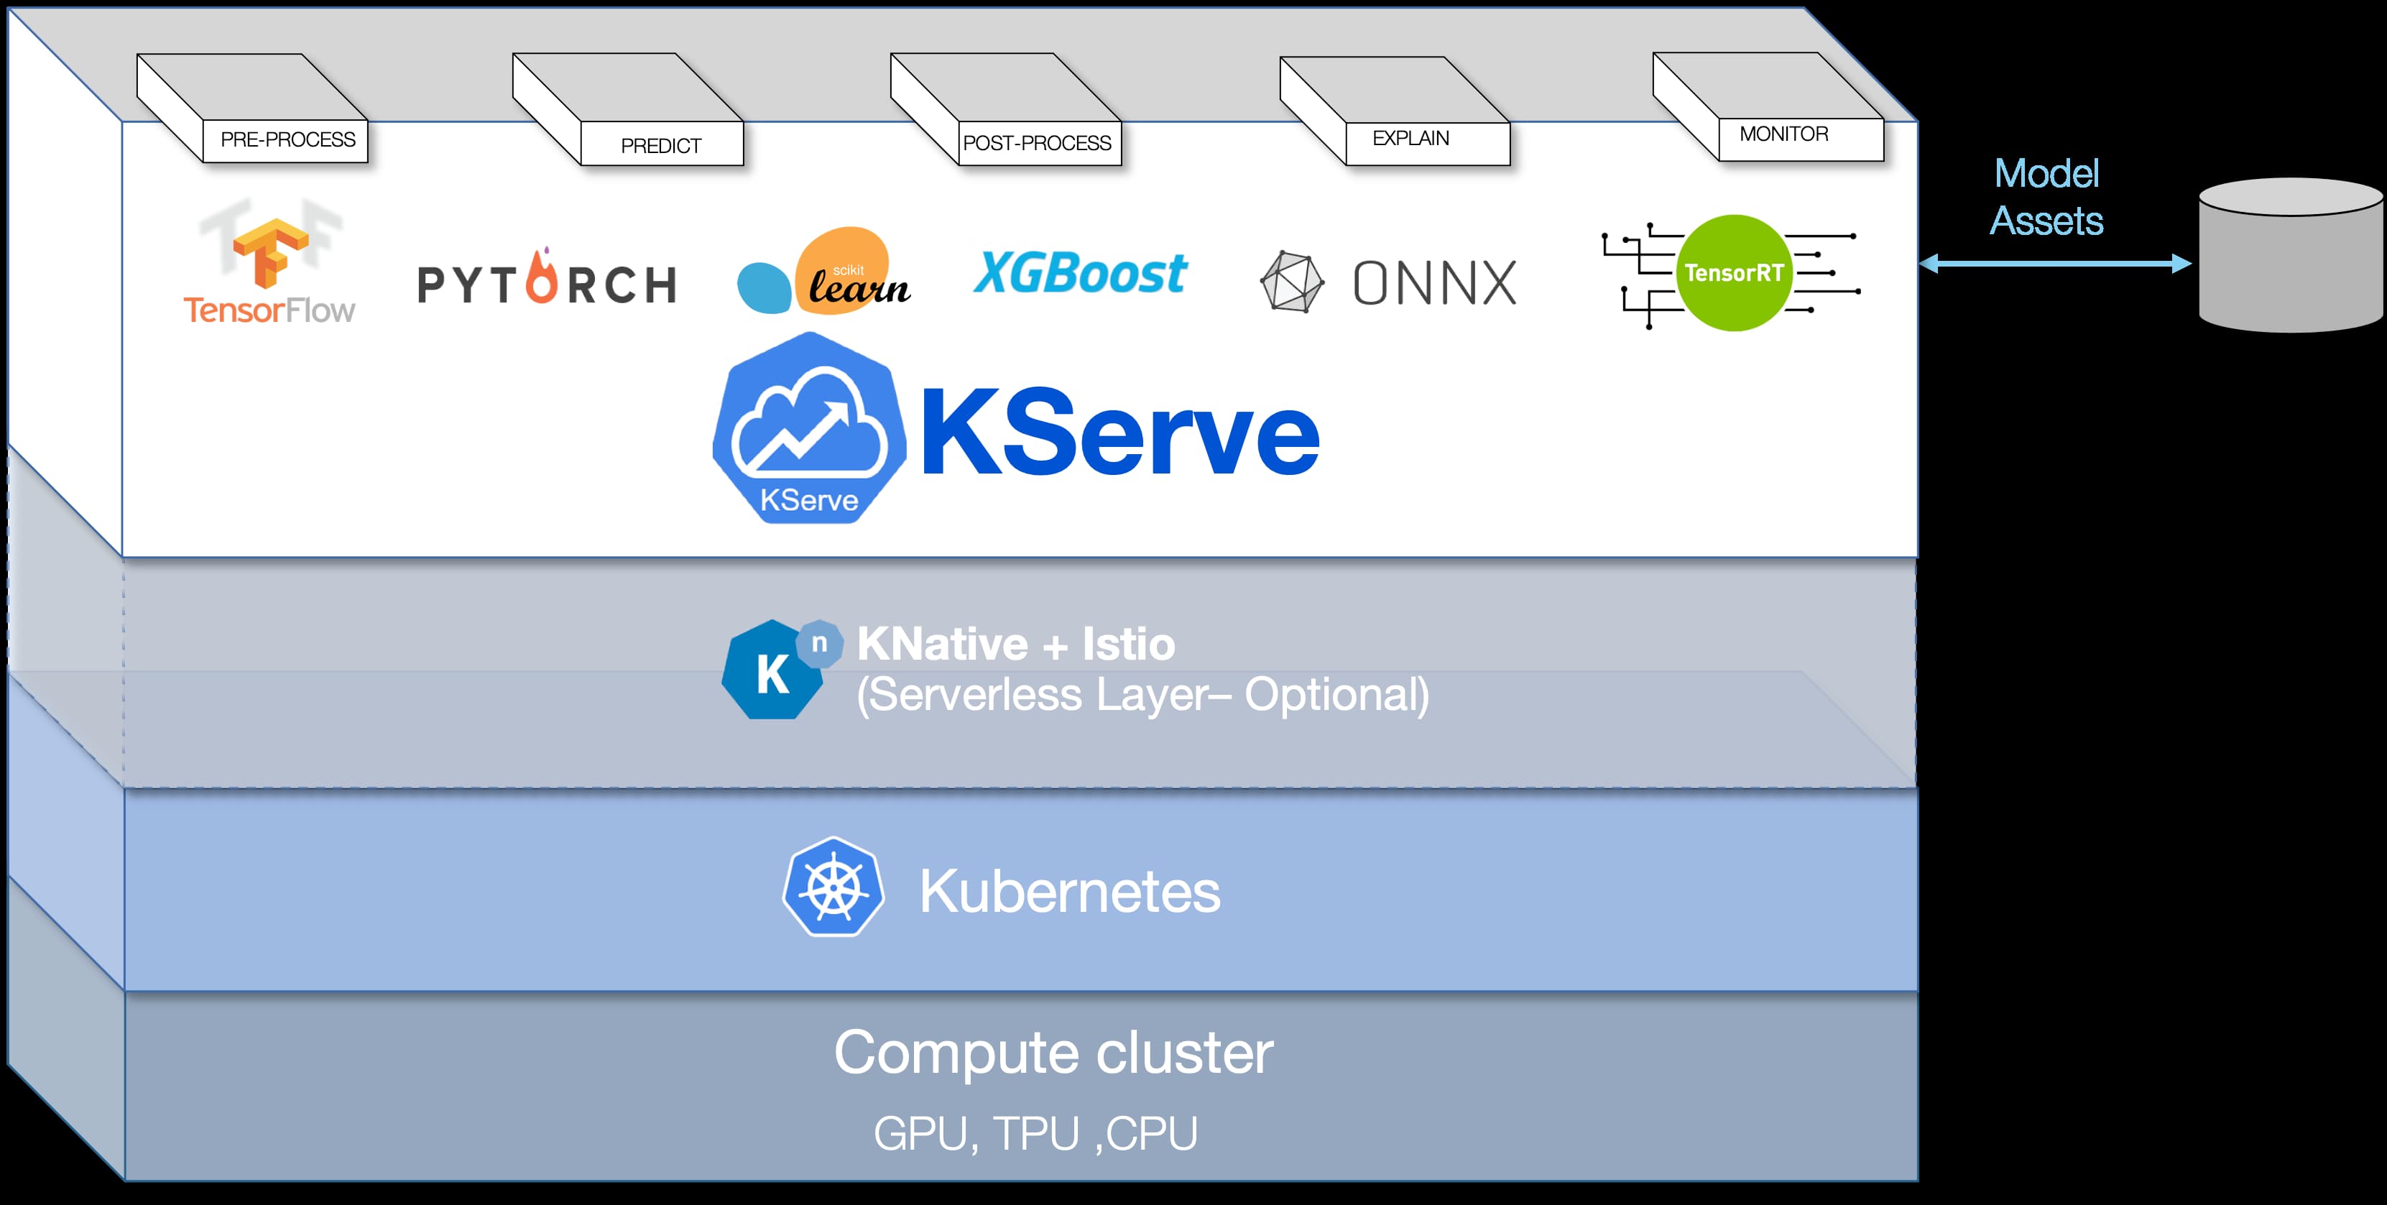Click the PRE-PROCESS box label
(287, 140)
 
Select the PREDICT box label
(660, 146)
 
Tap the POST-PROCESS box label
(1037, 143)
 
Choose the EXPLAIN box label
(1410, 138)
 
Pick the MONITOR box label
(1783, 134)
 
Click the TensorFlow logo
(269, 264)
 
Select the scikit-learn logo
(823, 272)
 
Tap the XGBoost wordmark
(1079, 274)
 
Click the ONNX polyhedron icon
(1292, 282)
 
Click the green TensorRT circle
(1734, 272)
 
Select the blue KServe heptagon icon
(809, 428)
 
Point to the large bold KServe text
(1119, 432)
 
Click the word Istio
(1129, 645)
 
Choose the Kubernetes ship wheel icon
(833, 888)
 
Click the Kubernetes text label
(1069, 892)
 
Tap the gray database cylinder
(2291, 256)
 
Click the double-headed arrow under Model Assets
(2054, 264)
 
